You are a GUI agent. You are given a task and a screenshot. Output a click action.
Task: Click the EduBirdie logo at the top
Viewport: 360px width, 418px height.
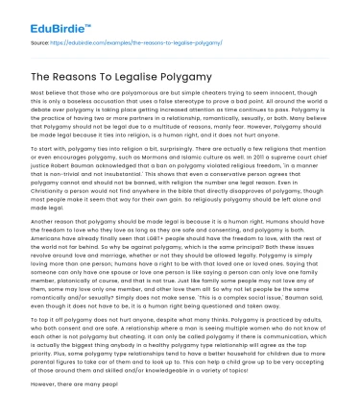(38, 12)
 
